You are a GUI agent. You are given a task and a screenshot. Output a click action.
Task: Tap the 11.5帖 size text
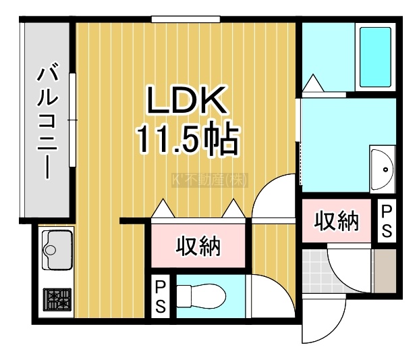pos(188,140)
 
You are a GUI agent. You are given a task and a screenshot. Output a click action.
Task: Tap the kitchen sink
pos(55,247)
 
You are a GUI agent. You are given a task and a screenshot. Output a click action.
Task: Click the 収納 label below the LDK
pos(199,247)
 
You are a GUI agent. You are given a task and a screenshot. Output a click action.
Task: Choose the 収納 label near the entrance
pos(336,221)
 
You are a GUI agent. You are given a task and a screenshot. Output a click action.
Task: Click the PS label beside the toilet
pos(161,296)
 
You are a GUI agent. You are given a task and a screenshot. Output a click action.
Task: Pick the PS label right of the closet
pos(387,220)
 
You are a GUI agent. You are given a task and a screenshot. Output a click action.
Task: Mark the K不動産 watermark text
pos(211,180)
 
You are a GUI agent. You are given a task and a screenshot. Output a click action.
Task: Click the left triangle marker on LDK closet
pos(164,209)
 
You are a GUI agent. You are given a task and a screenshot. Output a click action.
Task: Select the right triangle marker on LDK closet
pos(233,209)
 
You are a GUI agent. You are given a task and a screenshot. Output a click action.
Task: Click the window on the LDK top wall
pos(177,20)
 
